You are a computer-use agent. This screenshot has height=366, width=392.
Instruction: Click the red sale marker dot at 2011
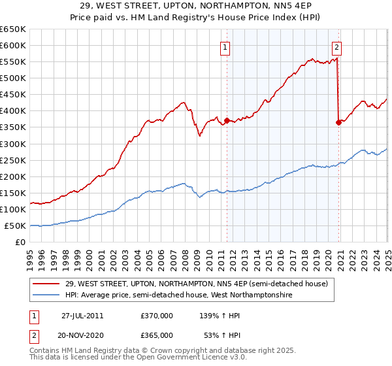pyautogui.click(x=227, y=121)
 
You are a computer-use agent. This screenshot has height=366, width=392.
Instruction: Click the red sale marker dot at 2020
pyautogui.click(x=338, y=122)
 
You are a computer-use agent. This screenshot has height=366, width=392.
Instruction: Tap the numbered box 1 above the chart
pyautogui.click(x=225, y=46)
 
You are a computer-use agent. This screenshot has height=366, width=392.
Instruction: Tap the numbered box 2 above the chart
pyautogui.click(x=336, y=46)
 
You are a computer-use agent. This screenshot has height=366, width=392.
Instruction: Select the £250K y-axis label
pyautogui.click(x=12, y=160)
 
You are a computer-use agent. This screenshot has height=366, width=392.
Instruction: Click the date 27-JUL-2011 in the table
pyautogui.click(x=82, y=315)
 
